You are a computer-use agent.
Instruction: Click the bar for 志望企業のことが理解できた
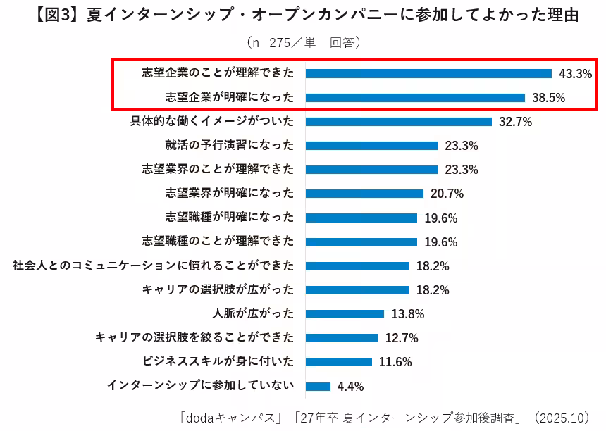click(x=428, y=73)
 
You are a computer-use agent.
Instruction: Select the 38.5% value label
click(x=548, y=98)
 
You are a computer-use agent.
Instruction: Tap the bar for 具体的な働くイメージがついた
click(x=399, y=121)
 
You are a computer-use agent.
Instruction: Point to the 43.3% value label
click(x=575, y=73)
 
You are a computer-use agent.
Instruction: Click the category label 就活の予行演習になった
click(x=230, y=146)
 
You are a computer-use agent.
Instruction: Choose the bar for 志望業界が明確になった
click(x=364, y=194)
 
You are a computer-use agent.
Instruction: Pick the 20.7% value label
click(x=446, y=194)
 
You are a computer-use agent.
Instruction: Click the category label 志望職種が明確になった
click(x=230, y=218)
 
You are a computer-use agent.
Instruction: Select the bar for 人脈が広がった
click(x=345, y=314)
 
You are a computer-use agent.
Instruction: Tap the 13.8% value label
click(x=407, y=314)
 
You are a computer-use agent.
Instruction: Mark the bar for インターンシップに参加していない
click(x=318, y=386)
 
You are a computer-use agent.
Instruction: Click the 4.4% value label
click(x=350, y=386)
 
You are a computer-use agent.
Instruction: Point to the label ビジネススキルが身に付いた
click(x=218, y=362)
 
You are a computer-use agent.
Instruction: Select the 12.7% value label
click(x=401, y=338)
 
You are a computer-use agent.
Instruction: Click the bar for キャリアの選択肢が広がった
click(x=357, y=290)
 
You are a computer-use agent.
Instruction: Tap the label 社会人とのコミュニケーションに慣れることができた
click(x=154, y=266)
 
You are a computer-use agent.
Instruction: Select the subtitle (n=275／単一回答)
click(x=303, y=43)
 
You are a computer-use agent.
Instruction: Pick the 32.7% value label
click(x=515, y=121)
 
